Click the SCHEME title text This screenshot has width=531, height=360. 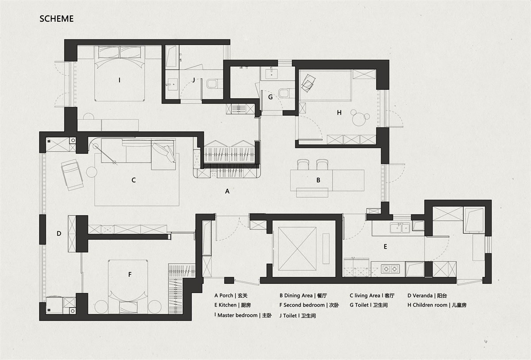click(x=57, y=19)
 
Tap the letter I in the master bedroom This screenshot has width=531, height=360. click(x=119, y=80)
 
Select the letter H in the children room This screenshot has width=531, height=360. click(x=339, y=113)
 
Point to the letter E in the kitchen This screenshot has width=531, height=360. click(x=385, y=247)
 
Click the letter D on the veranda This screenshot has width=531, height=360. click(x=59, y=234)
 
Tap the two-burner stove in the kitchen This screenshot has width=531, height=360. click(x=390, y=269)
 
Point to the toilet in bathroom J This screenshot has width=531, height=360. click(x=214, y=84)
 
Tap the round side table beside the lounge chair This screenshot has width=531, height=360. click(x=92, y=172)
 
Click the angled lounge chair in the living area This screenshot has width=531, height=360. click(x=72, y=175)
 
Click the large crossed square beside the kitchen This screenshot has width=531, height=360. click(x=297, y=249)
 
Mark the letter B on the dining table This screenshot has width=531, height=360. click(x=318, y=180)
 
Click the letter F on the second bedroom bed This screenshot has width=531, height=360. click(x=130, y=275)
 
